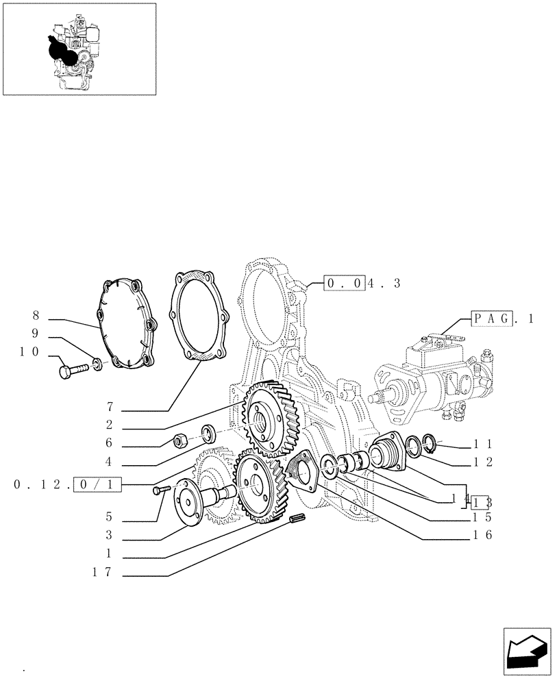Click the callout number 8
35,316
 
